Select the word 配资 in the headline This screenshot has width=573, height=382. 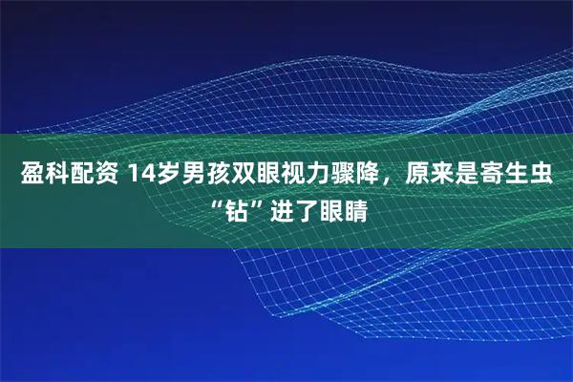click(x=93, y=176)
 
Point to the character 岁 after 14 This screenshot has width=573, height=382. click(x=168, y=176)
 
